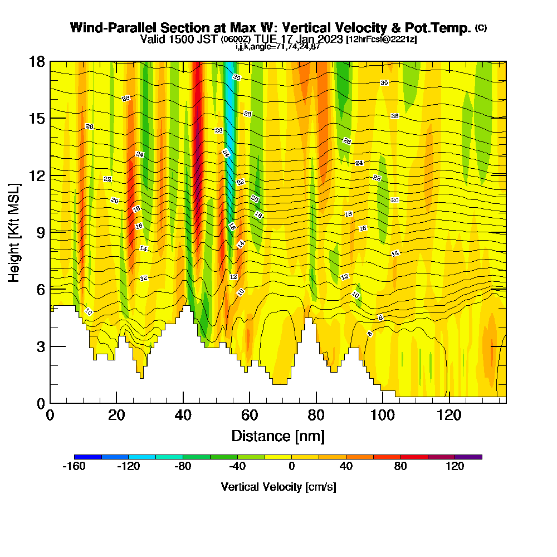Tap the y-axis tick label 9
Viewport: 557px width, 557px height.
40,232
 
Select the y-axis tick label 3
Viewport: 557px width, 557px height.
40,346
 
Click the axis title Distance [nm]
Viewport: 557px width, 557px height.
278,436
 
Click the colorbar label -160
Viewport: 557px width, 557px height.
74,467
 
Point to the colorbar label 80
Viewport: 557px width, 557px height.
400,467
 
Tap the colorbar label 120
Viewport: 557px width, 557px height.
455,467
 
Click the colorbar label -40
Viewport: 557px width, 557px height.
237,467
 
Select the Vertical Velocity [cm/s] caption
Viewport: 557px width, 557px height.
278,487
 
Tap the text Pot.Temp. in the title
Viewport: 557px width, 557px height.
443,28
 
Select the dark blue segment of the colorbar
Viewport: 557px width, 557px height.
87,457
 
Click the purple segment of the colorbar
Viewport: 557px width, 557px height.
468,457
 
